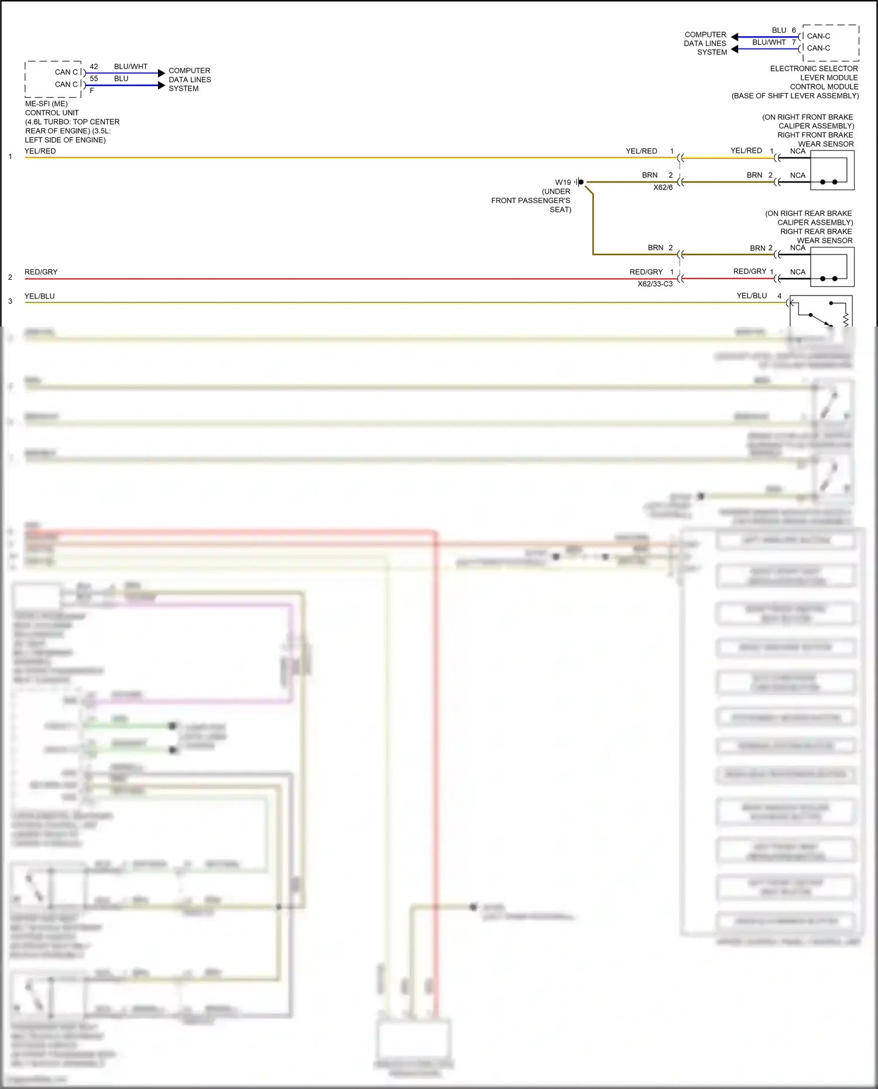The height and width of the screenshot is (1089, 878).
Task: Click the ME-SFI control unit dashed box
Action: (x=53, y=79)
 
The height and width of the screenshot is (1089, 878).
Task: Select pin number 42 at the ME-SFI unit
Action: (x=94, y=67)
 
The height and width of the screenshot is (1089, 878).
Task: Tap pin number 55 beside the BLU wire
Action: (x=94, y=78)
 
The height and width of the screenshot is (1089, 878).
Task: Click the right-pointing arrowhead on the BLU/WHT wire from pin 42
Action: (x=162, y=73)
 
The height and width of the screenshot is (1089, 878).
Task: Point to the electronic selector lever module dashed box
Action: (x=831, y=43)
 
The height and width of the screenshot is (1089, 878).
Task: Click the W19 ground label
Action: (x=563, y=183)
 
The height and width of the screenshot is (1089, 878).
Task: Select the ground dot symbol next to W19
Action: (x=581, y=182)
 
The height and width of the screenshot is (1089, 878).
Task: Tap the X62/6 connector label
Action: (x=663, y=188)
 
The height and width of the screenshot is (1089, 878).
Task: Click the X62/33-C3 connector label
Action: (x=655, y=284)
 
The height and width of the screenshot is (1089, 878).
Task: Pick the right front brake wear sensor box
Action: (x=832, y=170)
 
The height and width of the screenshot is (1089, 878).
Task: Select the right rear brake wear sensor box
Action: (x=832, y=267)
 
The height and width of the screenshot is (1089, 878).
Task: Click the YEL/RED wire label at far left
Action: (x=40, y=151)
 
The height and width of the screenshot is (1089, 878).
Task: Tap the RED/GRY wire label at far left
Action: (x=41, y=272)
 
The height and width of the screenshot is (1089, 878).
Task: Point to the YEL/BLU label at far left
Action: (x=40, y=296)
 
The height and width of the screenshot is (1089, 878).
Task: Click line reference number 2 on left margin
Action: (x=10, y=277)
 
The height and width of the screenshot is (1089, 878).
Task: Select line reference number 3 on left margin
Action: (x=10, y=301)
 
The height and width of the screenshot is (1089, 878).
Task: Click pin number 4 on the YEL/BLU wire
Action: (x=779, y=296)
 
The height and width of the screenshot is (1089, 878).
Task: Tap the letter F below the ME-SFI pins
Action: (x=92, y=91)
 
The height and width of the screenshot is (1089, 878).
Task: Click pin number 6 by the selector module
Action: (x=794, y=30)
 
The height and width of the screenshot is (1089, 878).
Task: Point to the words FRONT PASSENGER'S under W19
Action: (x=530, y=201)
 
